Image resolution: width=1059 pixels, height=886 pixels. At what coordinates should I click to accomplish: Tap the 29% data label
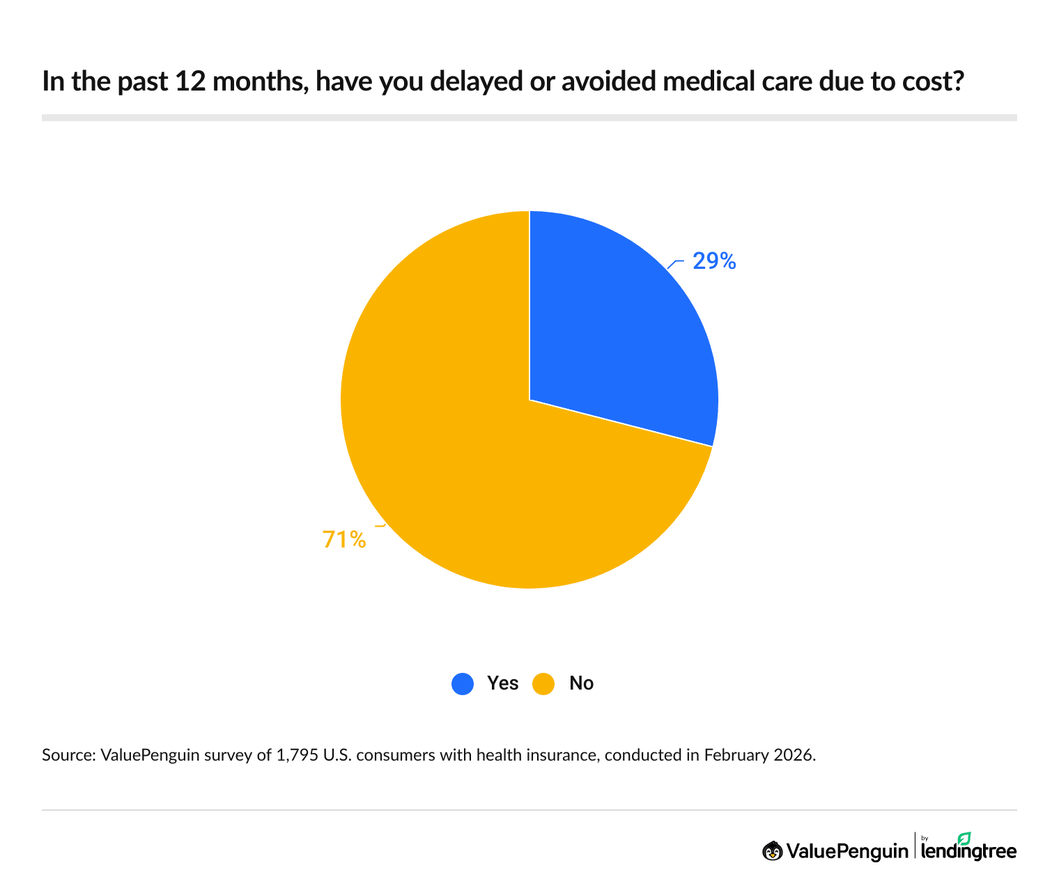point(714,261)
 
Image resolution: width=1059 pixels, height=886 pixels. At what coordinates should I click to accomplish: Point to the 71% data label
point(344,539)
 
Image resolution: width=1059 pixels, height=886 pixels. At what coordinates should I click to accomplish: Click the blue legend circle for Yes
point(463,683)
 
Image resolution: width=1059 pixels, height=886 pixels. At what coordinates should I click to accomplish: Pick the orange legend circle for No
point(543,683)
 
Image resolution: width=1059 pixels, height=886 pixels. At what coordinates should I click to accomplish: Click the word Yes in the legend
point(502,683)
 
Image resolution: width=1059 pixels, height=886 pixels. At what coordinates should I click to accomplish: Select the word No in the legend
point(581,683)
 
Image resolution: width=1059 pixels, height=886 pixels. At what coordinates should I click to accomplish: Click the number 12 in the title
point(189,81)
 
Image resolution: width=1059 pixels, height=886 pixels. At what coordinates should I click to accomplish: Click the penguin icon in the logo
point(772,850)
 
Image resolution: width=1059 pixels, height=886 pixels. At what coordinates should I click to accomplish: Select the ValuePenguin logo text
point(847,851)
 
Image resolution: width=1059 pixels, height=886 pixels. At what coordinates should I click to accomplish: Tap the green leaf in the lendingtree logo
point(964,838)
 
